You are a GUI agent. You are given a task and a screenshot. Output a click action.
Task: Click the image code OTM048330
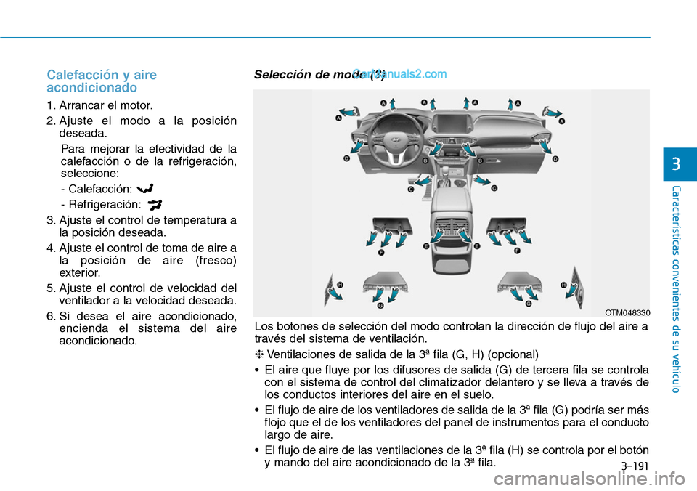(628, 312)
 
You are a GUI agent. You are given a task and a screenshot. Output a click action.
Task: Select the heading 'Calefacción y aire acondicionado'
(102, 81)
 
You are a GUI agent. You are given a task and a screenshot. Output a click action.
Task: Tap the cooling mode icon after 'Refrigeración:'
(155, 204)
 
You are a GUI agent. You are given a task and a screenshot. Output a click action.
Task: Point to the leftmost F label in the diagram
(381, 252)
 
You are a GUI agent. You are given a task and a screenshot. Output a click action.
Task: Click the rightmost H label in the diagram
(563, 285)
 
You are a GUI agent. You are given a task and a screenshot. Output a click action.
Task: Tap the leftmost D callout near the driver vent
(346, 158)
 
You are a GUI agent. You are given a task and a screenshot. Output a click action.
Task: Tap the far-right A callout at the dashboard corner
(561, 121)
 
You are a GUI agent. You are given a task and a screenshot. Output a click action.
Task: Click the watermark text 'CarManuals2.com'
(400, 73)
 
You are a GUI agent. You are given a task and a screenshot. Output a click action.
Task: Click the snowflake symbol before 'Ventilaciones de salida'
(259, 354)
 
